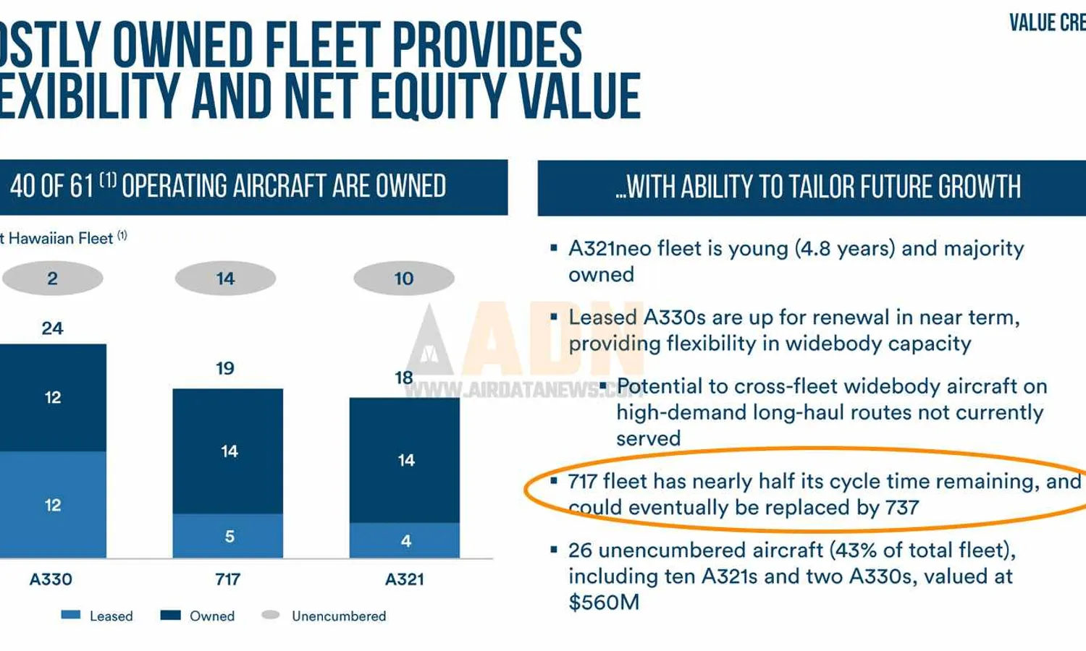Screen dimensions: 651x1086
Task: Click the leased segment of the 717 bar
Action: pyautogui.click(x=228, y=536)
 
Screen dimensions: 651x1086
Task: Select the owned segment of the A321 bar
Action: pyautogui.click(x=405, y=460)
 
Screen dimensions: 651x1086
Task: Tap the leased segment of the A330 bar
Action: pyautogui.click(x=52, y=505)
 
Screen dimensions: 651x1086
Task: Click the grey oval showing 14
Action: pyautogui.click(x=225, y=278)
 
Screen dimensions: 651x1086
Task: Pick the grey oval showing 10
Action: pyautogui.click(x=404, y=278)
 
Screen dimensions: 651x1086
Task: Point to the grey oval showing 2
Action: pyautogui.click(x=52, y=278)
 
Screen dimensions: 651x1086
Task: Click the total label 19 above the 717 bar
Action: pyautogui.click(x=225, y=368)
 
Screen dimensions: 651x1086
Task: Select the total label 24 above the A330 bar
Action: pyautogui.click(x=52, y=328)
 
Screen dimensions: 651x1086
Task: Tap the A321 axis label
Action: pyautogui.click(x=405, y=579)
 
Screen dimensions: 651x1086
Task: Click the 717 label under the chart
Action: pyautogui.click(x=228, y=579)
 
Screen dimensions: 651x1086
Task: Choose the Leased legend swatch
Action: pyautogui.click(x=71, y=615)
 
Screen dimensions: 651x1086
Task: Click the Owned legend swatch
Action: pyautogui.click(x=170, y=615)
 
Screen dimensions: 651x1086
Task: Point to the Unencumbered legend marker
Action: pyautogui.click(x=271, y=615)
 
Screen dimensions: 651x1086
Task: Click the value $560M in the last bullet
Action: pyautogui.click(x=604, y=603)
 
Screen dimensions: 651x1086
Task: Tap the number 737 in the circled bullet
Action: pyautogui.click(x=902, y=508)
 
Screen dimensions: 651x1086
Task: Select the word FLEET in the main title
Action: pyautogui.click(x=322, y=45)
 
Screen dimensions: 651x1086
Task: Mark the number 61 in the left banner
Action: pyautogui.click(x=82, y=187)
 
